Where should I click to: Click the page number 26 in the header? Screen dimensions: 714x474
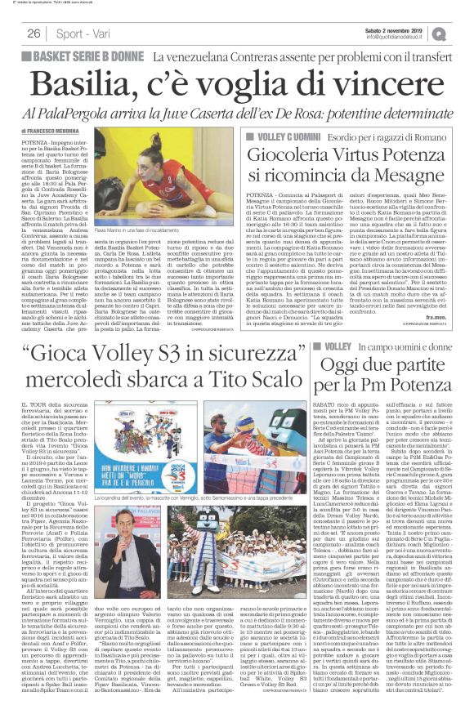34,33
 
